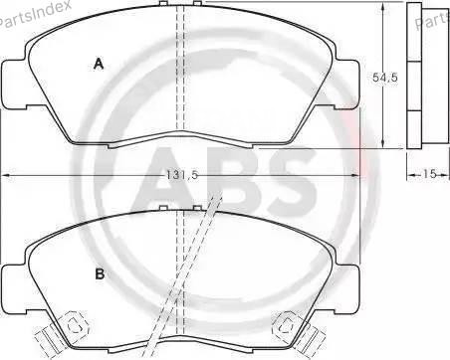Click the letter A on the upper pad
(x=99, y=64)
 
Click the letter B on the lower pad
(x=100, y=274)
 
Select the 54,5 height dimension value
(x=384, y=78)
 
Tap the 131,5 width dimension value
(x=182, y=175)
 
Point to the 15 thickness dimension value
(x=428, y=174)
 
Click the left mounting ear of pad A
(x=15, y=84)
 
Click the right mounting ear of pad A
(x=347, y=84)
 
